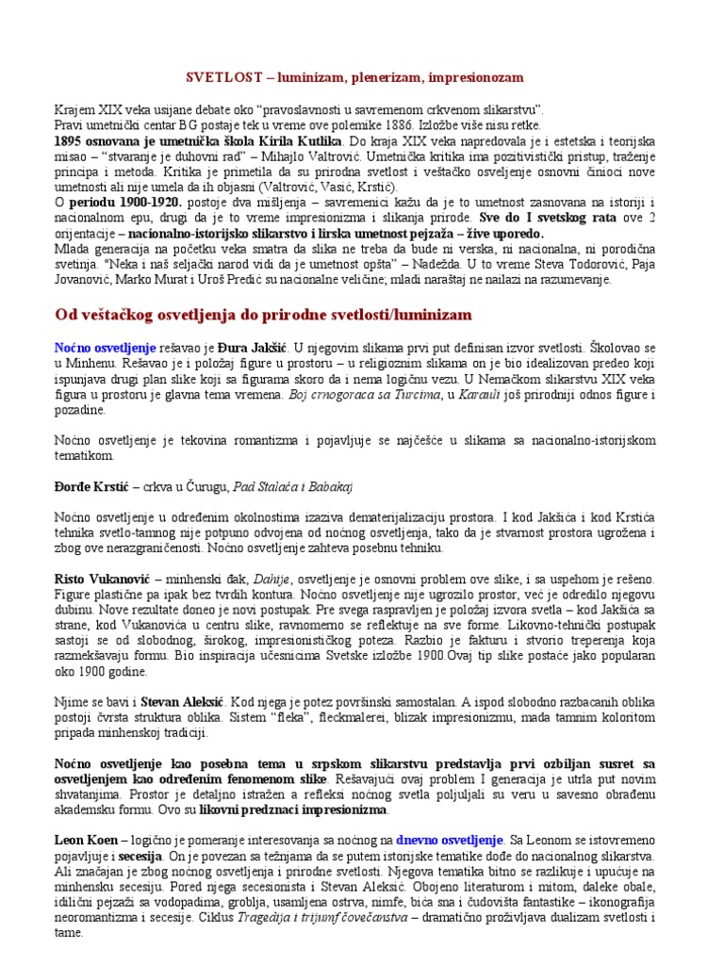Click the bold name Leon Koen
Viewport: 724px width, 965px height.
pyautogui.click(x=86, y=839)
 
